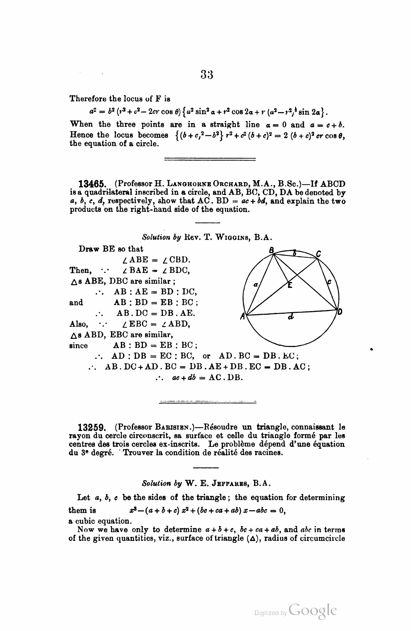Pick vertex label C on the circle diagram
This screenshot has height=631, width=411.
(x=319, y=254)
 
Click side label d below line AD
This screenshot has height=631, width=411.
(x=290, y=317)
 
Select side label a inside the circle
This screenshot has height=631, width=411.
(x=255, y=286)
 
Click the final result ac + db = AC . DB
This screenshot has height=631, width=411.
(x=199, y=378)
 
